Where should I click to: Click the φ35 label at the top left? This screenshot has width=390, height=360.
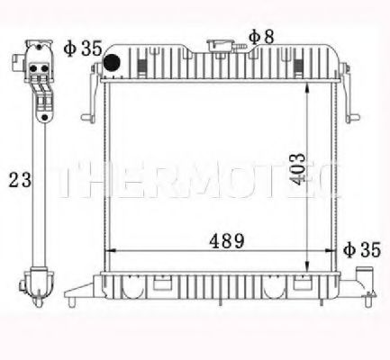click(x=84, y=46)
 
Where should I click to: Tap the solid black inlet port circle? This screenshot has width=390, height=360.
click(x=113, y=64)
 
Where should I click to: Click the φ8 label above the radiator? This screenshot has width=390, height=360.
click(x=262, y=36)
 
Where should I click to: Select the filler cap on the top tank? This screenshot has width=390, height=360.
click(x=220, y=46)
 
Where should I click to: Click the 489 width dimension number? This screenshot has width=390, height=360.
click(x=222, y=240)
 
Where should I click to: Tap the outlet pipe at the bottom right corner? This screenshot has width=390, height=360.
click(x=367, y=274)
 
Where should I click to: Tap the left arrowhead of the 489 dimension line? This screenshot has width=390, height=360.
click(x=110, y=249)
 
